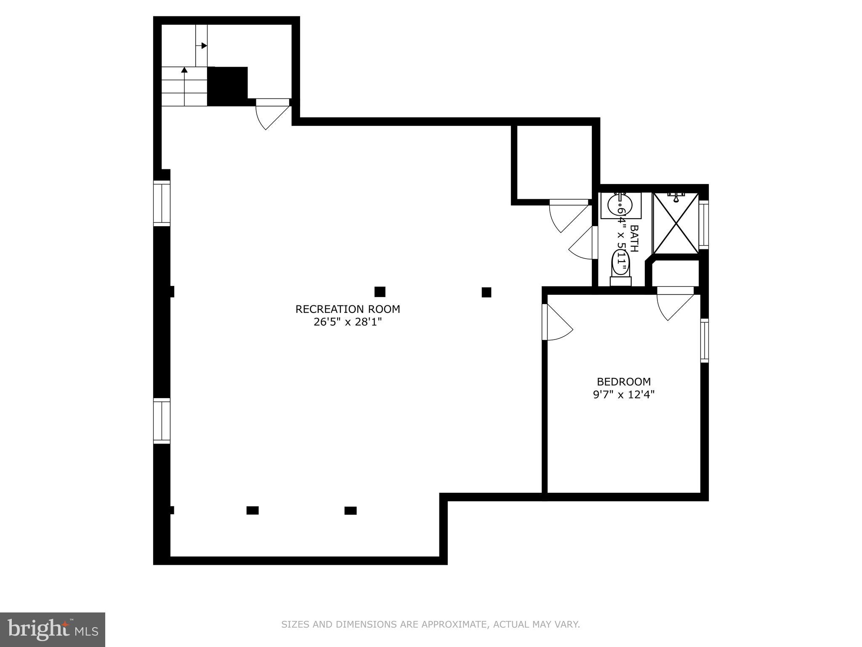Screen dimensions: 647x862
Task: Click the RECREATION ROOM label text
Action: coord(348,309)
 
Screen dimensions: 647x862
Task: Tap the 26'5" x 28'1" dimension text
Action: coord(348,322)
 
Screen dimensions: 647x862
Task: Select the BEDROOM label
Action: coord(624,382)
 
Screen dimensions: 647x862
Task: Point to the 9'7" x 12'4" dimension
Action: coord(624,395)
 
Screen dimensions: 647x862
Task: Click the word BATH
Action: coord(634,238)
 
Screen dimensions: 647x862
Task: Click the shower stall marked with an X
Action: coord(676,224)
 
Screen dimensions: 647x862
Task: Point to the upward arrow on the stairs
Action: coord(184,70)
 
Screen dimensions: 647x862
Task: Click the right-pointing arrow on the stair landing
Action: coord(204,45)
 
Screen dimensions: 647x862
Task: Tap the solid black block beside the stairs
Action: coord(227,86)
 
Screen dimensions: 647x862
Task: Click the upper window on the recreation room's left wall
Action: coord(162,203)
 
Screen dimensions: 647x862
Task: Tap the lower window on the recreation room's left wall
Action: coord(162,421)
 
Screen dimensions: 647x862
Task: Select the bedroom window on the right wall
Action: coord(704,340)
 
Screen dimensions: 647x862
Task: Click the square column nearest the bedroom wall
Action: coord(486,292)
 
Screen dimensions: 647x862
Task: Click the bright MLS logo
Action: coord(52,629)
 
